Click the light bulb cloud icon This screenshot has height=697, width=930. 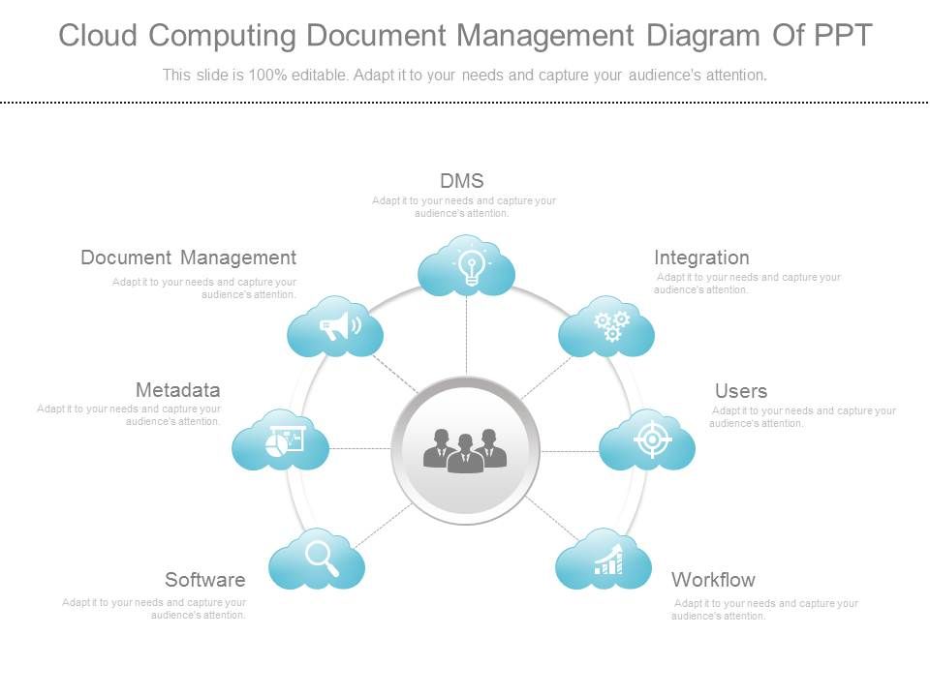(x=467, y=266)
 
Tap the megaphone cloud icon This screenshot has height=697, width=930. (x=336, y=327)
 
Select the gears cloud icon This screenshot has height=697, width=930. (x=607, y=327)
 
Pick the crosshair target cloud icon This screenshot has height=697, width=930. (x=648, y=440)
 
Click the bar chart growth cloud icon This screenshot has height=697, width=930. (x=604, y=560)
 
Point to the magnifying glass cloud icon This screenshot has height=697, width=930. (x=318, y=559)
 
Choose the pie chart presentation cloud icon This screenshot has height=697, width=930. (x=281, y=441)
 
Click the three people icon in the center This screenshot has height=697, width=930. (x=466, y=450)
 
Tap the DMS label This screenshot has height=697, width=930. (x=462, y=181)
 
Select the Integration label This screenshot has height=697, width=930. (x=701, y=258)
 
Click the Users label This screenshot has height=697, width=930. (x=741, y=391)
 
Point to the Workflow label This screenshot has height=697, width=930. (x=713, y=580)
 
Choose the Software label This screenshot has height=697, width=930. (x=205, y=580)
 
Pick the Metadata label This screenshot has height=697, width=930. (x=178, y=390)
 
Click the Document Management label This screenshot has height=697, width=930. (x=189, y=258)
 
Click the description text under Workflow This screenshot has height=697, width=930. (x=765, y=609)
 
